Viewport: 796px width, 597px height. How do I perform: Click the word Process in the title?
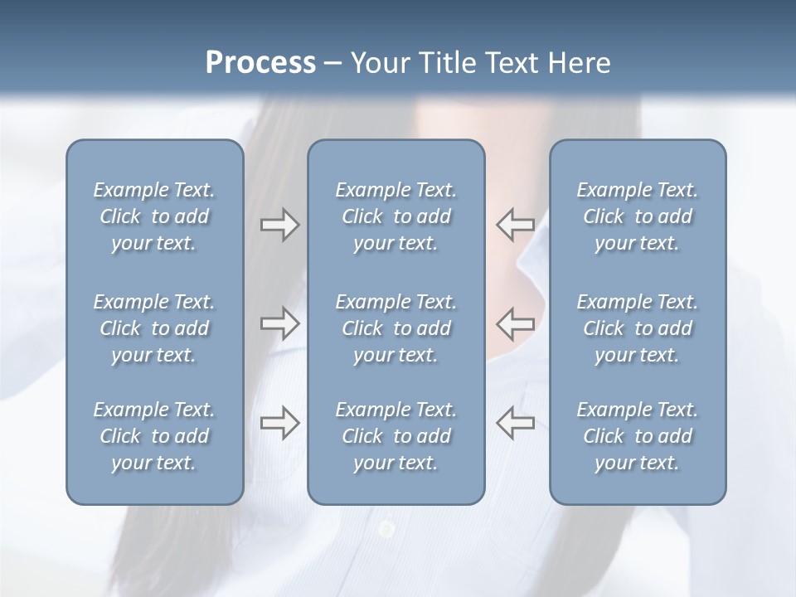260,63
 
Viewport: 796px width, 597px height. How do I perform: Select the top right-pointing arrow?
279,225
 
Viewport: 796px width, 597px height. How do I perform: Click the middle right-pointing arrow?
279,323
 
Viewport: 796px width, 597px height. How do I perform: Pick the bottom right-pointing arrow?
279,423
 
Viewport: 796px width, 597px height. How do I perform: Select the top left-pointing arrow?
516,224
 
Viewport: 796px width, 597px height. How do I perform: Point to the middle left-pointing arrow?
516,323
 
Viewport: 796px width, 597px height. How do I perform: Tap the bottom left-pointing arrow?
516,422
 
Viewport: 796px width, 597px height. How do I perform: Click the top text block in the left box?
154,216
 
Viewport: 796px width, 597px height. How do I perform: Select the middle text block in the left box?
154,328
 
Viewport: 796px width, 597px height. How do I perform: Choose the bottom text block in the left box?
154,436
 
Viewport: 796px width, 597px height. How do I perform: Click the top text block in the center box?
396,216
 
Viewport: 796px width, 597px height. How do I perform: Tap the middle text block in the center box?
396,328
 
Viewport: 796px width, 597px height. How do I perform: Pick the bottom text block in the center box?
396,436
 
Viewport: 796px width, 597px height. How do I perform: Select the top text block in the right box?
638,216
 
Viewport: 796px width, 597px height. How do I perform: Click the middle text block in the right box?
638,328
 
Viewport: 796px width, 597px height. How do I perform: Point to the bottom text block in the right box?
638,436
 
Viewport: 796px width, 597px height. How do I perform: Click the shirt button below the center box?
386,528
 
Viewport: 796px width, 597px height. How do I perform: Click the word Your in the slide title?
378,63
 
